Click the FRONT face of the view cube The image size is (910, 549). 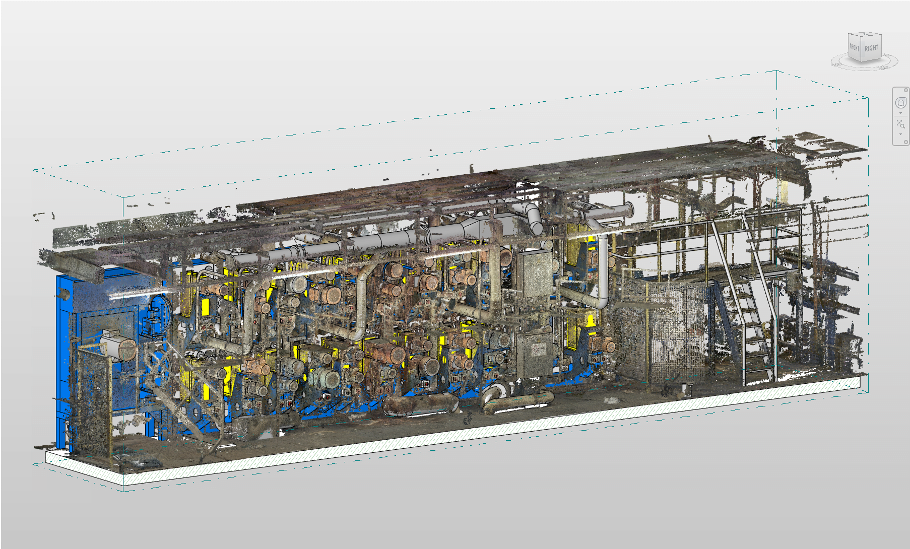pyautogui.click(x=855, y=48)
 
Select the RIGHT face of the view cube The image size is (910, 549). pyautogui.click(x=871, y=49)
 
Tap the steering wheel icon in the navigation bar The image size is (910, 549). pyautogui.click(x=900, y=103)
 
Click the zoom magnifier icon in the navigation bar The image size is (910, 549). pyautogui.click(x=900, y=124)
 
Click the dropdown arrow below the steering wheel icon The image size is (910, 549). pyautogui.click(x=900, y=113)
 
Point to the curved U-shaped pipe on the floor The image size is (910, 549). pyautogui.click(x=514, y=401)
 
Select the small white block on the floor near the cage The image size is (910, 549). pyautogui.click(x=686, y=387)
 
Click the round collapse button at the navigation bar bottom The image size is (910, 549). pyautogui.click(x=905, y=142)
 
